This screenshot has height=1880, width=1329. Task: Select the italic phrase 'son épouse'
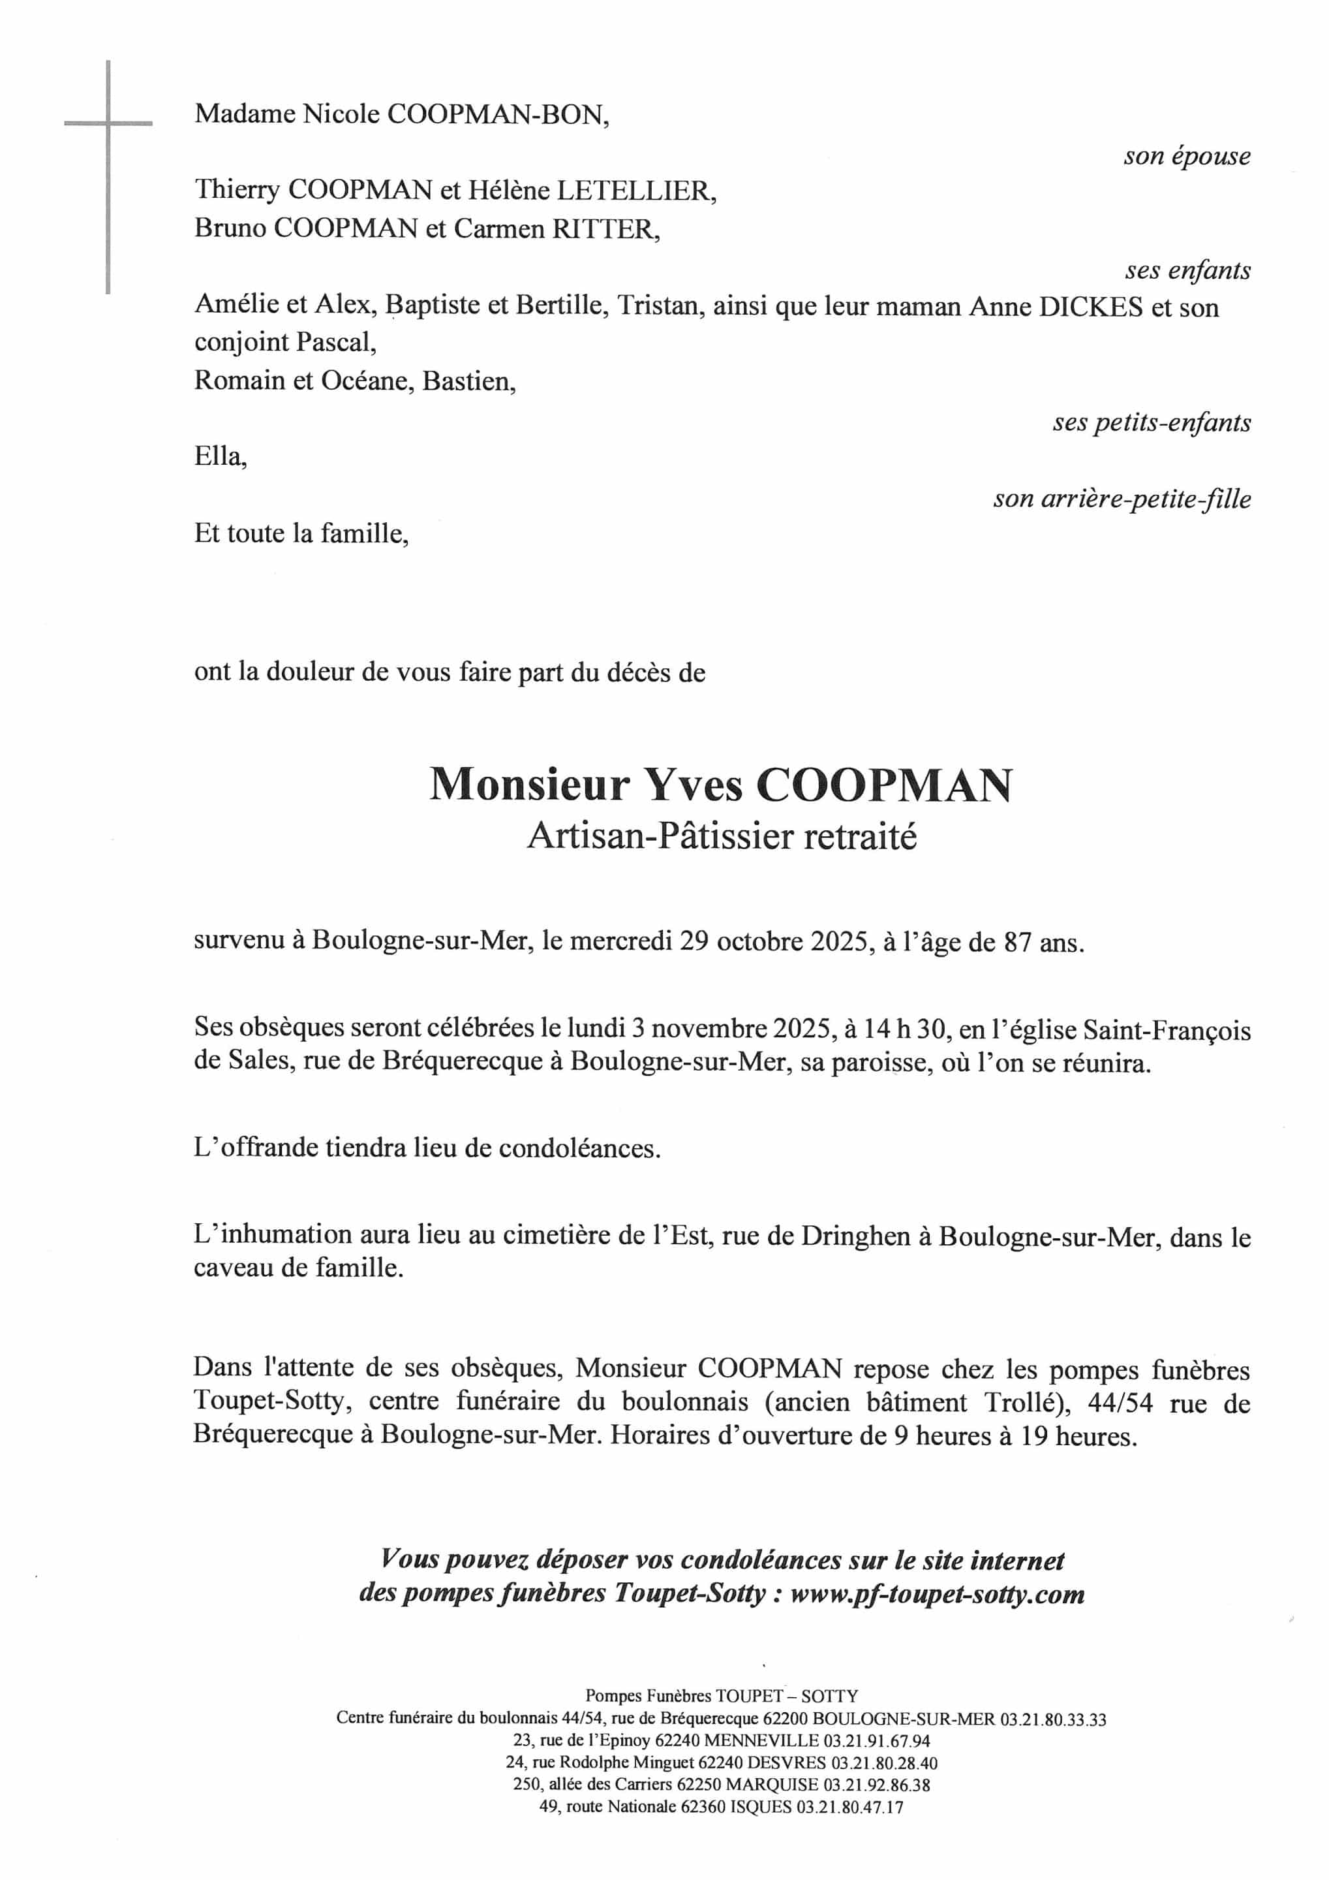pos(1187,157)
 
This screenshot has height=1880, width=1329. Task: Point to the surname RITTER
pos(605,228)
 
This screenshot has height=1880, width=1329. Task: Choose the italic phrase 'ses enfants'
pos(1187,270)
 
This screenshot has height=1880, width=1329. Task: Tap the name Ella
pos(219,456)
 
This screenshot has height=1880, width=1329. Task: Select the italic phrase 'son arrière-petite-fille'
pos(1122,499)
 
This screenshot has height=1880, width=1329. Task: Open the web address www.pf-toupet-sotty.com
pos(937,1594)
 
